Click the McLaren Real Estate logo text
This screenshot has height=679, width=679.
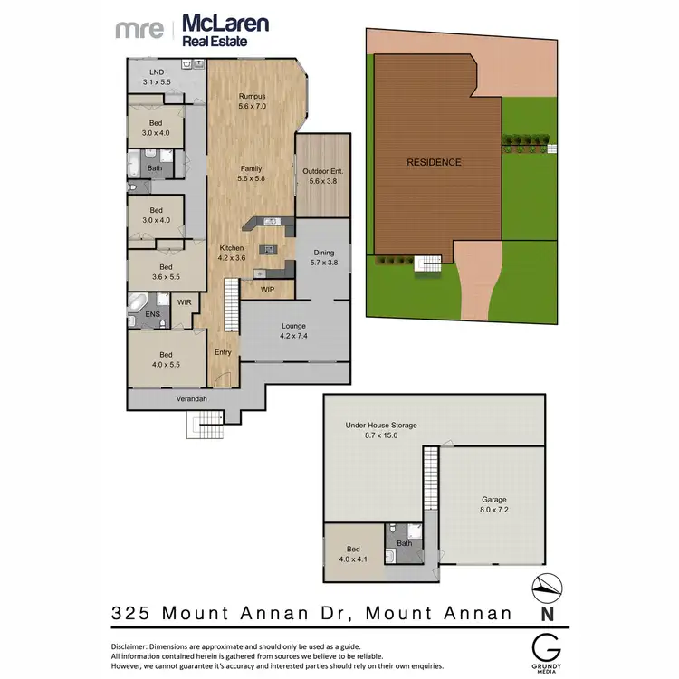pos(225,29)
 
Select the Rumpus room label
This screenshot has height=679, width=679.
pos(251,96)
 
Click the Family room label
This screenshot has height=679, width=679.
pos(251,168)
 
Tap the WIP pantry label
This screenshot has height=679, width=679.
pos(267,290)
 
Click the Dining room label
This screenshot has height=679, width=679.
pos(323,253)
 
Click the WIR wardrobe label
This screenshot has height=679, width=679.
pos(184,302)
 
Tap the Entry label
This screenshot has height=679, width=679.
pos(224,352)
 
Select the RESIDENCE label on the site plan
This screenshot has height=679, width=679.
pos(434,163)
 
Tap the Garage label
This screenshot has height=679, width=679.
pos(494,500)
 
